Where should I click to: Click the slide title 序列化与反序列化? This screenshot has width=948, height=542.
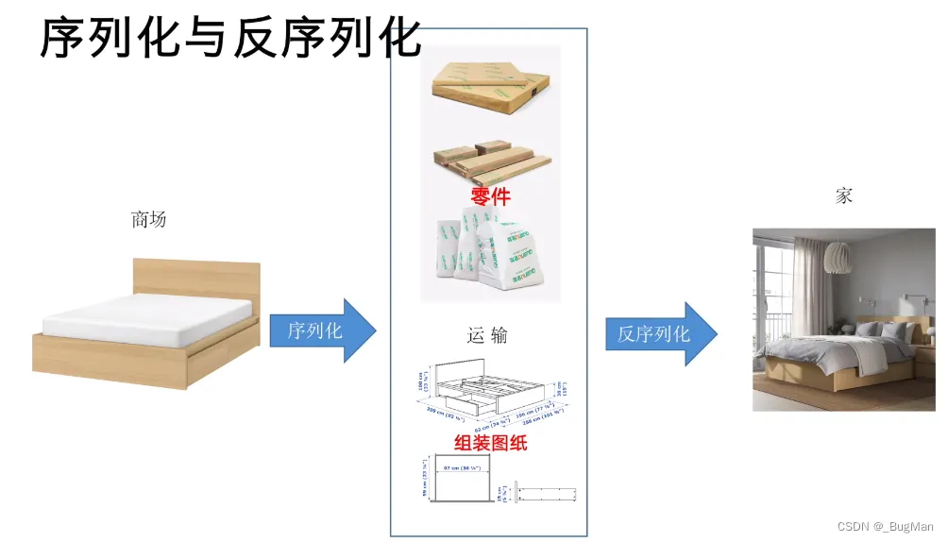(229, 39)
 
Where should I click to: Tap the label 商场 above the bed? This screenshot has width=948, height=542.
(148, 220)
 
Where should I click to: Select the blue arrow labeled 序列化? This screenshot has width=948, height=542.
(321, 330)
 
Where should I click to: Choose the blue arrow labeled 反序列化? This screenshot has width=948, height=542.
(659, 333)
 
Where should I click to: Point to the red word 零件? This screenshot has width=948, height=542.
(490, 195)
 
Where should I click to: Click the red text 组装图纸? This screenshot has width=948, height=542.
(490, 442)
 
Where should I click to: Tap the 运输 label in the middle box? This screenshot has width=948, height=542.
(487, 335)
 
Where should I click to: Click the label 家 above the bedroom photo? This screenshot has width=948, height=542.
(843, 195)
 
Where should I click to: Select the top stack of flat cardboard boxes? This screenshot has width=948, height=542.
(489, 85)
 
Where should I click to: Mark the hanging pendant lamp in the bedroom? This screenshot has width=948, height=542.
(838, 255)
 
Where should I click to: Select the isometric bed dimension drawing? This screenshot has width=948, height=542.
(490, 388)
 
